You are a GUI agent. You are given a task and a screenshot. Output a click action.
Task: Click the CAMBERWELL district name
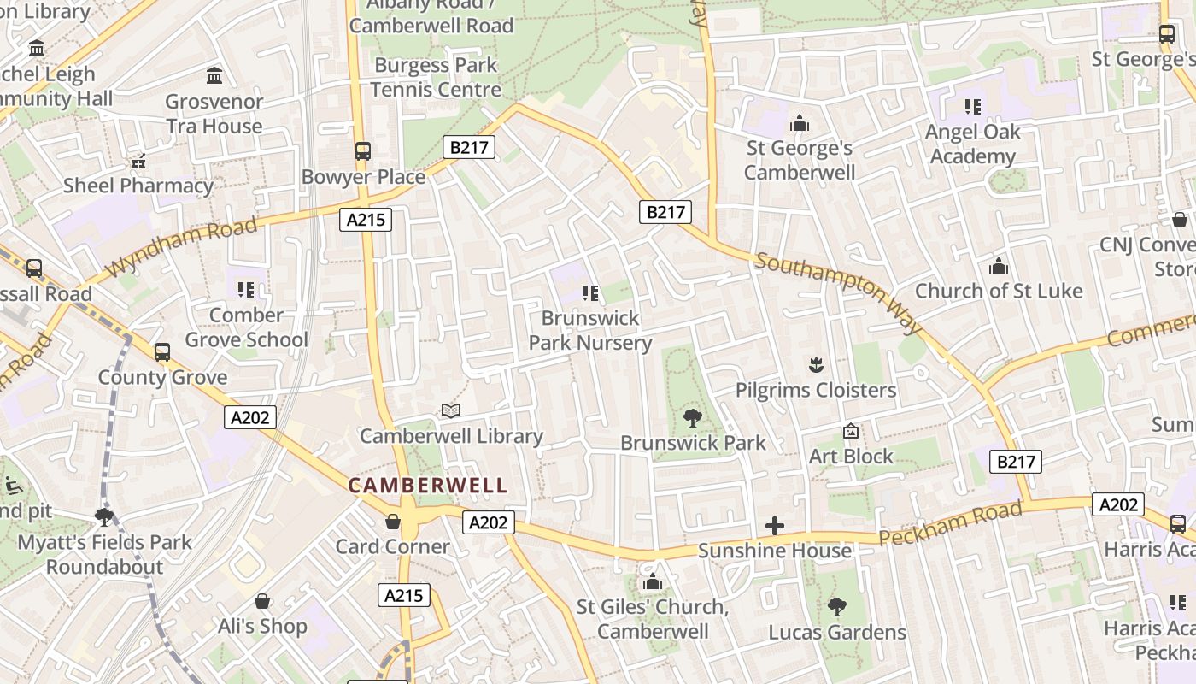[427, 486]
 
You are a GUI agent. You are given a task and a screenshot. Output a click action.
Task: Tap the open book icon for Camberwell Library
[451, 411]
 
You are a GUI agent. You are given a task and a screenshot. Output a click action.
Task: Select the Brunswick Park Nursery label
[590, 331]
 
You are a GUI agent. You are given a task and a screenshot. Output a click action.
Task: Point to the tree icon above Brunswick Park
[693, 418]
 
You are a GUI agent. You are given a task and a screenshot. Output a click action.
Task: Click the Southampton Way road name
[839, 292]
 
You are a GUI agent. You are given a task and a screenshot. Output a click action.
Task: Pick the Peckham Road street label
[949, 524]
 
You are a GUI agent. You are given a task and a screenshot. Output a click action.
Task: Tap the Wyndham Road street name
[182, 247]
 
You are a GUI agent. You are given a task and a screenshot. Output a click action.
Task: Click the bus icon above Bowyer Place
[363, 152]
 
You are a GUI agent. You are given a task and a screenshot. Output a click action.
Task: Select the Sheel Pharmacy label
[138, 186]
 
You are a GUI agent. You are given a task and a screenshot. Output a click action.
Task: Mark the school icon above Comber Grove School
[246, 290]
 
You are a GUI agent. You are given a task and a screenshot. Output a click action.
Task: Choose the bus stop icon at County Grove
[162, 352]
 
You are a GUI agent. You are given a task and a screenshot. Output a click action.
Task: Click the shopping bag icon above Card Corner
[393, 522]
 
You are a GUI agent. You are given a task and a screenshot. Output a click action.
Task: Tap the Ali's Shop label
[262, 626]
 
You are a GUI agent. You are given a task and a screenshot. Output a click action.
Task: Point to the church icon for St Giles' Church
[653, 582]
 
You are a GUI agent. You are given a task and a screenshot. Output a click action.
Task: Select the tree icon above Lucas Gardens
[837, 607]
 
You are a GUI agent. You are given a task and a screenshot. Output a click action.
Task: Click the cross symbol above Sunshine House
[775, 526]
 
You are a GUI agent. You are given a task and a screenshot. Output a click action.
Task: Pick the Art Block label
[851, 456]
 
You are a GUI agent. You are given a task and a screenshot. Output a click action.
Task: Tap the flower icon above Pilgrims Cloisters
[816, 365]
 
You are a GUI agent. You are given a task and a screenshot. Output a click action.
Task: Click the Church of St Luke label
[999, 291]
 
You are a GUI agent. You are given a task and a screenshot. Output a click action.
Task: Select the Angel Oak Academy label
[973, 144]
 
